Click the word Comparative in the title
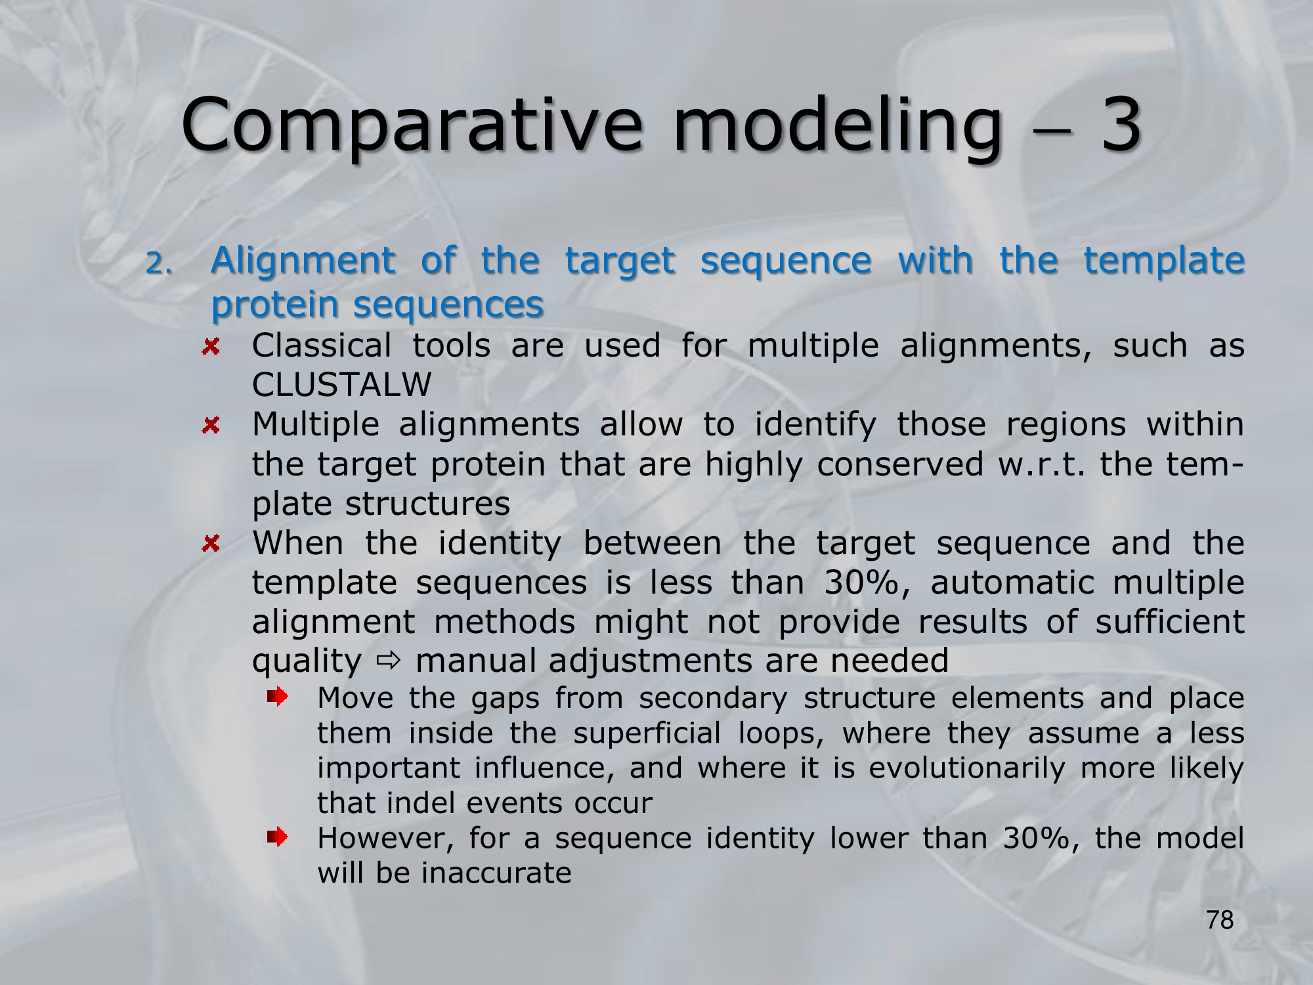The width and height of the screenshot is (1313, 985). pos(412,125)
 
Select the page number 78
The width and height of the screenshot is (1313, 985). pos(1220,920)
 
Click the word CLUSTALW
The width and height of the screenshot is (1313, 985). pos(341,384)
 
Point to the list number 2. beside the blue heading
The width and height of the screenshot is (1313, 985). pos(158,264)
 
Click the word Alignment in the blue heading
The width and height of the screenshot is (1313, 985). pos(303,261)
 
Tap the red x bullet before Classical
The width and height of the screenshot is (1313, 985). pos(211,346)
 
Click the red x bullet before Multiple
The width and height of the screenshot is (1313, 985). pos(211,425)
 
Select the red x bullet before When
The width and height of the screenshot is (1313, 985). pos(211,543)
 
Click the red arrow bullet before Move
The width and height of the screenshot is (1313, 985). pos(278,696)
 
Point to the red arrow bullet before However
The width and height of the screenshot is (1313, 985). pos(278,837)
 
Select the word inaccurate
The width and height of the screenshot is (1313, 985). pos(496,873)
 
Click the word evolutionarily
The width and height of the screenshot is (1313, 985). pos(967,768)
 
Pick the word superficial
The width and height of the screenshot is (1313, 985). pos(647,733)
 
